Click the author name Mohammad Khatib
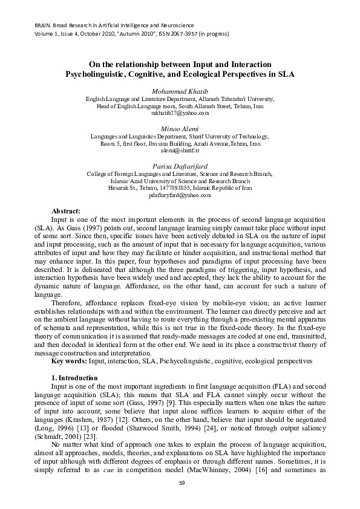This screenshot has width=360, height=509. click(180, 91)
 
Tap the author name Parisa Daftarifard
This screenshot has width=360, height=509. click(180, 165)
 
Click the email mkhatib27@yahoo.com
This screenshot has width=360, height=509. click(180, 113)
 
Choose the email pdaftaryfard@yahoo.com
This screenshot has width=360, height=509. click(180, 195)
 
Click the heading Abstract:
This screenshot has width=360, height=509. click(67, 210)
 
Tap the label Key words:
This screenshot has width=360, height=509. click(70, 361)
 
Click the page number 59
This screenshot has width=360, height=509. click(180, 482)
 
